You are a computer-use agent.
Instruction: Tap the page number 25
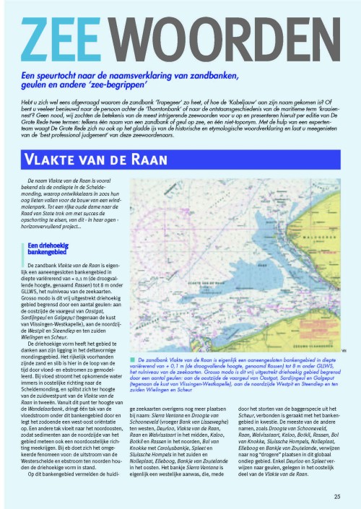[x=338, y=497]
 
